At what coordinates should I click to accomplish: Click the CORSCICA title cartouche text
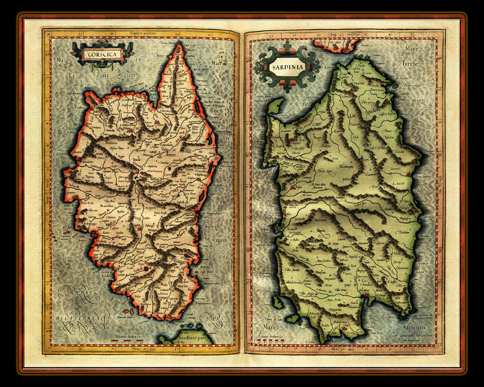(x=100, y=54)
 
